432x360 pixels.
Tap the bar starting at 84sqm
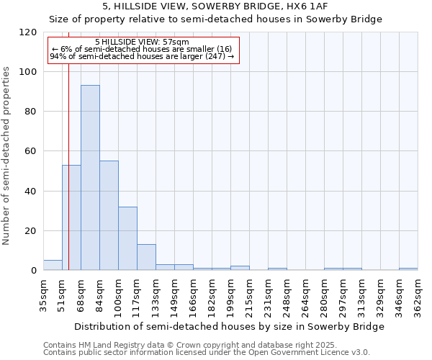coord(109,215)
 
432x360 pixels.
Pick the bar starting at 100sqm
coord(127,238)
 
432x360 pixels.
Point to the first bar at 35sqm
coord(53,265)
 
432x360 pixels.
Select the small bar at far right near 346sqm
coord(408,269)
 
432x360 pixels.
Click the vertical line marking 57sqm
coord(68,144)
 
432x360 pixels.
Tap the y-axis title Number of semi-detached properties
coord(6,151)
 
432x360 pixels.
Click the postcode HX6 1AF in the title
coord(304,6)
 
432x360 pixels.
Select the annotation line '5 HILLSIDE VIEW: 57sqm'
coord(142,42)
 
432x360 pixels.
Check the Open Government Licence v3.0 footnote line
coord(206,352)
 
